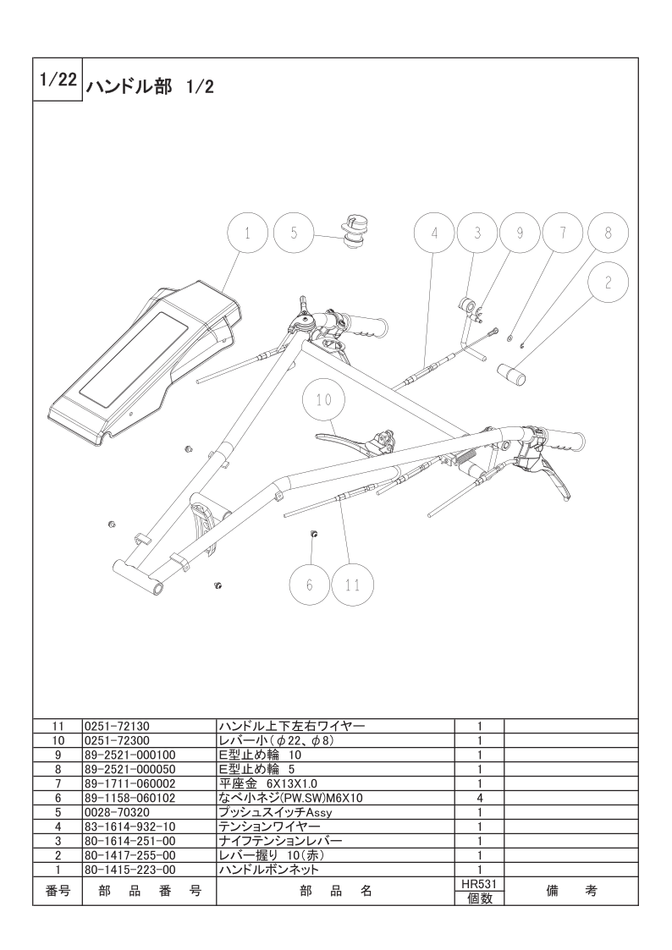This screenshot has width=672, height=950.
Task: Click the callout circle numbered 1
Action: point(248,233)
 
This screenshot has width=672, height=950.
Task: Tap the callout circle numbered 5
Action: point(294,233)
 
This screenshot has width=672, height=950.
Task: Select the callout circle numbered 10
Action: point(324,400)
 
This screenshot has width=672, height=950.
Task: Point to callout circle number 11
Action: point(353,585)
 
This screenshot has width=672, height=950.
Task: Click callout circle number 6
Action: point(309,585)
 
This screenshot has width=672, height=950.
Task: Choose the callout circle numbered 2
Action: point(609,283)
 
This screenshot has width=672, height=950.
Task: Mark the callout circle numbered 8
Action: point(609,233)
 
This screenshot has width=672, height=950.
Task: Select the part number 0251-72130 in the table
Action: point(117,726)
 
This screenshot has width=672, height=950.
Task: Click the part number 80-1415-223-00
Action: point(130,870)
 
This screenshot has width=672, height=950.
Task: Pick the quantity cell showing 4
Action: point(479,798)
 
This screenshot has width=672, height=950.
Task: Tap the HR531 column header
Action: point(479,885)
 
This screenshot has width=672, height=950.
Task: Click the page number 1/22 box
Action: point(58,80)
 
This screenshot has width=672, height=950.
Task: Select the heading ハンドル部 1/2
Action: point(151,86)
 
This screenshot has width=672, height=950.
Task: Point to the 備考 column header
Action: point(571,892)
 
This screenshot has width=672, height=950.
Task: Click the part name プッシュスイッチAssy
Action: point(275,812)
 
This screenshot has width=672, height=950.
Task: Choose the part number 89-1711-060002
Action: point(129,783)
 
